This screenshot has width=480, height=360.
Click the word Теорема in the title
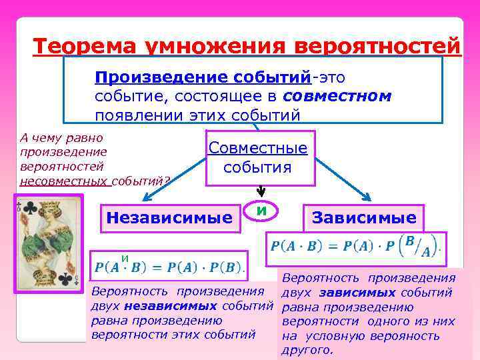click(x=79, y=47)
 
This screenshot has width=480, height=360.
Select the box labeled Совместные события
click(x=258, y=157)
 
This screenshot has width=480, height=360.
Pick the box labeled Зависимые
click(x=363, y=217)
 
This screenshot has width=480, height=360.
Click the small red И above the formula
click(x=124, y=257)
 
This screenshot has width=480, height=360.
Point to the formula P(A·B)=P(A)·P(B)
click(x=169, y=267)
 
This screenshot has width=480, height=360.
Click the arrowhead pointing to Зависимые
click(x=368, y=197)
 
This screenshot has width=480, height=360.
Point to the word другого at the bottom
click(x=307, y=350)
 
